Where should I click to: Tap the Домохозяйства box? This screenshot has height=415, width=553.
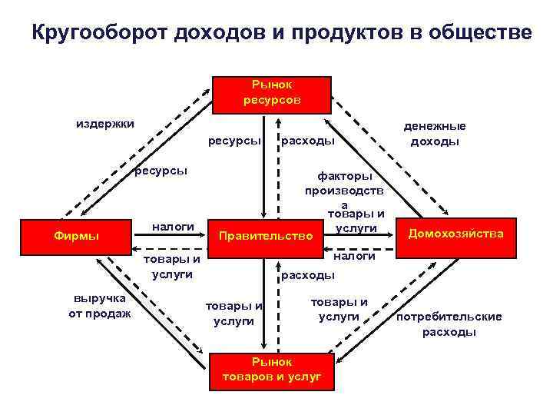coord(456,233)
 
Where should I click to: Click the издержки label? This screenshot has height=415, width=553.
coord(104,123)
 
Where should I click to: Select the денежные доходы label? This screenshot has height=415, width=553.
coord(435,134)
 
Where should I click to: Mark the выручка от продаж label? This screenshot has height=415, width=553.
coord(100,304)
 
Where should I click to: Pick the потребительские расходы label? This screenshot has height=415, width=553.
coord(449,324)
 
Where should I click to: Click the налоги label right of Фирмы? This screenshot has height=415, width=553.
coord(174,226)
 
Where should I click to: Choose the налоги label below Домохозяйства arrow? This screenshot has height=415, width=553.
coord(354,256)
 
